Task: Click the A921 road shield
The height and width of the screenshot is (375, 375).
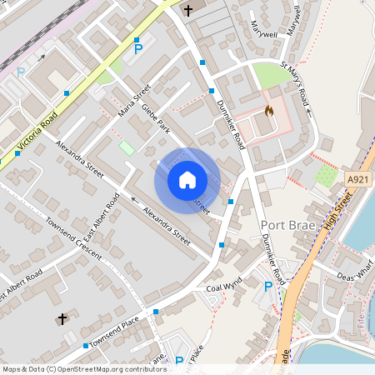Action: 357,179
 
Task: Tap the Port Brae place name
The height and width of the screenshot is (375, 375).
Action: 286,225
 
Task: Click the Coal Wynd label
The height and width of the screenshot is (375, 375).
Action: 223,284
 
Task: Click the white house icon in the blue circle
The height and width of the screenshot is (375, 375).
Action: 187,180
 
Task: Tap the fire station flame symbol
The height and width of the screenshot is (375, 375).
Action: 268,110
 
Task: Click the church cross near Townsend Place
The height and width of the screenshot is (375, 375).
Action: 62,319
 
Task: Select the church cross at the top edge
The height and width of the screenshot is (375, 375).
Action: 188,10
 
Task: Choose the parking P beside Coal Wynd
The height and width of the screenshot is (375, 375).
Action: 267,287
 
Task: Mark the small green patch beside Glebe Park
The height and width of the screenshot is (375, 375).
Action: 127,147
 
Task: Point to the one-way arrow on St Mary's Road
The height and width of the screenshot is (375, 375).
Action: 308,108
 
